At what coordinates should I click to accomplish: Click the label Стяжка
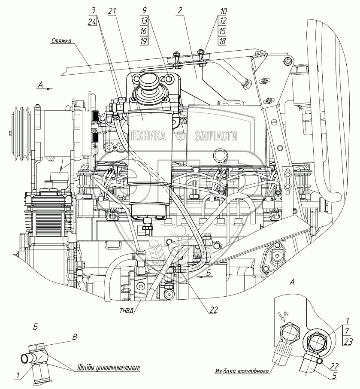pyautogui.click(x=61, y=41)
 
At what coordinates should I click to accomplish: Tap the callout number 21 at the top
pyautogui.click(x=112, y=11)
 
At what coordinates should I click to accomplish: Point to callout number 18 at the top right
pyautogui.click(x=222, y=41)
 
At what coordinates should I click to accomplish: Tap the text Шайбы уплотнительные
pyautogui.click(x=109, y=368)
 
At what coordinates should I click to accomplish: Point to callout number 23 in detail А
pyautogui.click(x=348, y=341)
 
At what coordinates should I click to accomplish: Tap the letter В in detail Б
pyautogui.click(x=75, y=337)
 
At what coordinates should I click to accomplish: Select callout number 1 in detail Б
pyautogui.click(x=18, y=376)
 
